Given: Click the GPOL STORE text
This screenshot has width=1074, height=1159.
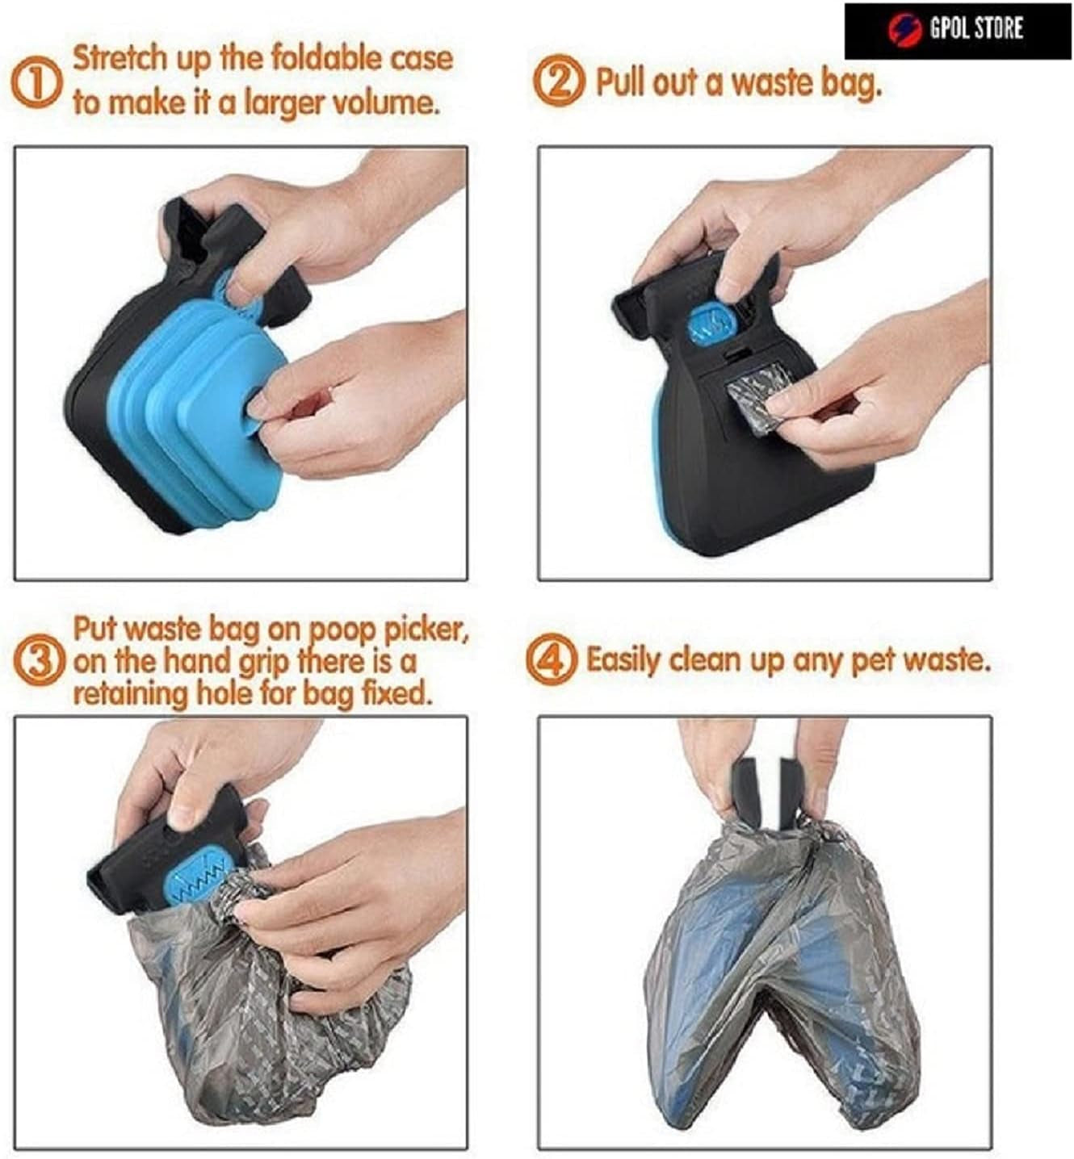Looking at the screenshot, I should [x=976, y=29].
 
